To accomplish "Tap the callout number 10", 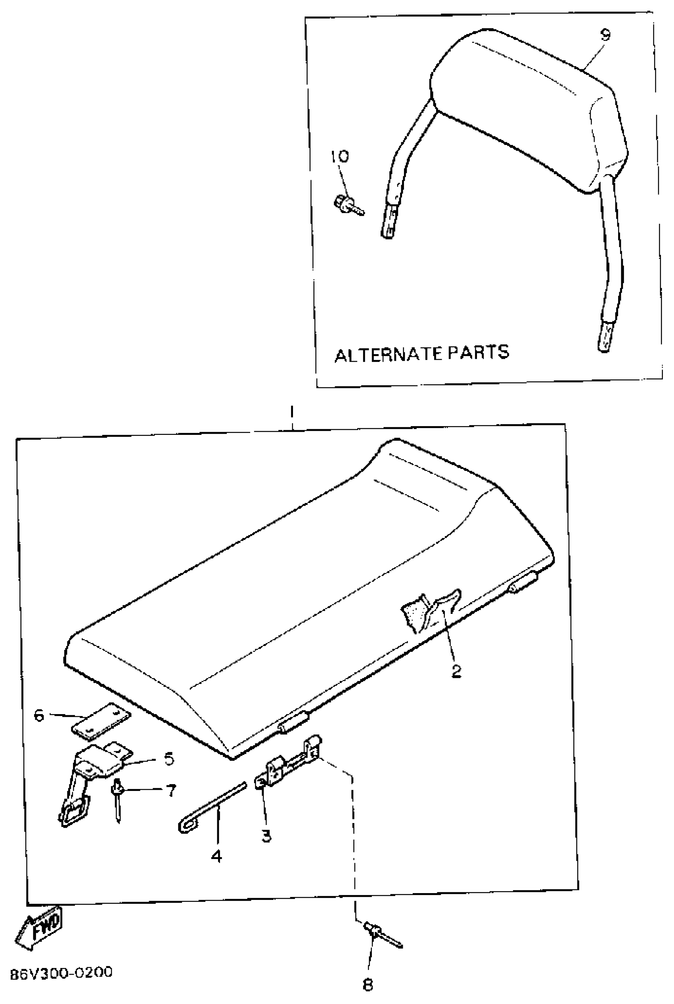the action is (x=340, y=156).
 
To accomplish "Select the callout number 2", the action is (x=456, y=671).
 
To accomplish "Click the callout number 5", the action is (x=169, y=759).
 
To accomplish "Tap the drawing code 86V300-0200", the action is (x=61, y=973).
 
